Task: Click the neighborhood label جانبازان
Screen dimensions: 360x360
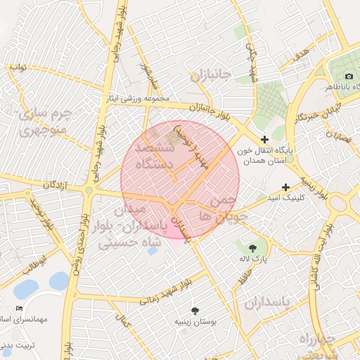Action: [x=209, y=75]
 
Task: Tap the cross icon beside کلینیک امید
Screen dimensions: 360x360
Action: [x=285, y=187]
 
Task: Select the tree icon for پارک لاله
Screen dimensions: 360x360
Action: [x=252, y=247]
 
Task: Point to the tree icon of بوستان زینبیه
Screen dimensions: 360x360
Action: [x=195, y=310]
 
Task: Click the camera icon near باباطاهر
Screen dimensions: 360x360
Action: [x=349, y=76]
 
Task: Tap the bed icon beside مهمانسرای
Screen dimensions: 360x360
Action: [x=19, y=308]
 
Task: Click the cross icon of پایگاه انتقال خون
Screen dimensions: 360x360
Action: [x=264, y=140]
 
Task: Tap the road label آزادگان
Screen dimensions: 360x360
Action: [x=60, y=184]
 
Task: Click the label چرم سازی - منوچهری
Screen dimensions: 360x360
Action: [x=42, y=121]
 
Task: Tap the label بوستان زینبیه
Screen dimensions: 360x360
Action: [x=195, y=321]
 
